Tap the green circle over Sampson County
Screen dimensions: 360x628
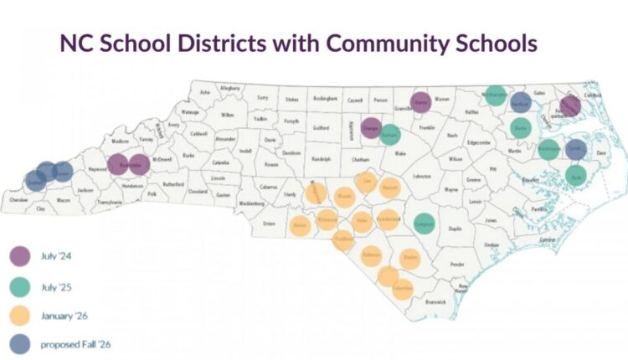click(425, 224)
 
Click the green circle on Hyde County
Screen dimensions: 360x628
click(575, 174)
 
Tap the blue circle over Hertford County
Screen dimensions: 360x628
click(520, 102)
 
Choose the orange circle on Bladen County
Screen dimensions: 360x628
click(410, 257)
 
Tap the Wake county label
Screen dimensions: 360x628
click(399, 154)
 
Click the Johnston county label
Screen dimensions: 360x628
click(421, 177)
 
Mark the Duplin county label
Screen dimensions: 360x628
click(456, 228)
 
